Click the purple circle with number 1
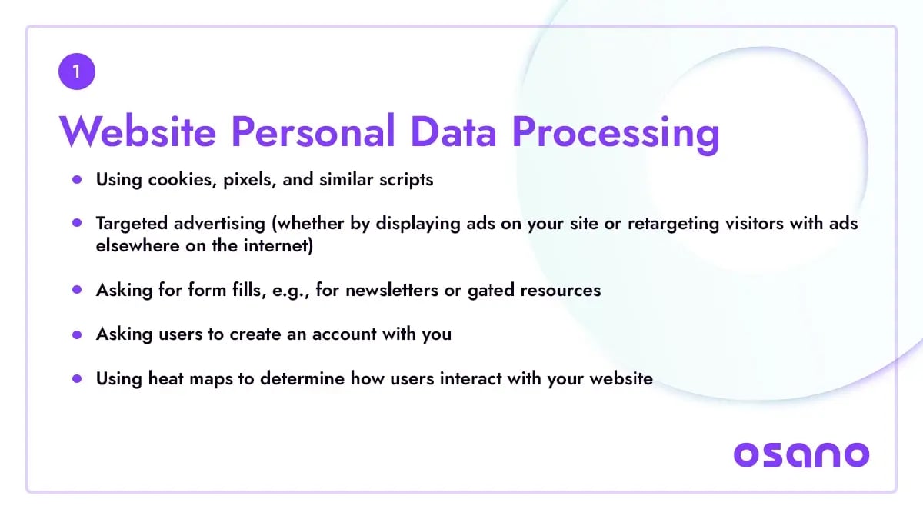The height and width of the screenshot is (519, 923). tap(77, 72)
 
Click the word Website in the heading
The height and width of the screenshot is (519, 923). tap(138, 131)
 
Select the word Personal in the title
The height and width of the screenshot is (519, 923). tap(313, 131)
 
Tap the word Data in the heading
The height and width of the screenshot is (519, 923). tap(453, 131)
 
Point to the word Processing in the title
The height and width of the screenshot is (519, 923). tap(615, 135)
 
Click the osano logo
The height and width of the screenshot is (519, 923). tap(801, 455)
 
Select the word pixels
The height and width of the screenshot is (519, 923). tap(249, 181)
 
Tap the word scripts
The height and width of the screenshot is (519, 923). tap(406, 181)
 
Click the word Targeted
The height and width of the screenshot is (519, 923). tap(132, 224)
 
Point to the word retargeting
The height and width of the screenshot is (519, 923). tap(673, 224)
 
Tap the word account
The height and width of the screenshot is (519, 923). tap(344, 334)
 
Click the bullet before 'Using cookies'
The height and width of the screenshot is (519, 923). tap(77, 180)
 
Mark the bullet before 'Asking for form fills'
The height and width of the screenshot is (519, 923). tap(77, 290)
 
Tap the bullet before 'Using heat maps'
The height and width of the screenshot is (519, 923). tap(77, 378)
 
